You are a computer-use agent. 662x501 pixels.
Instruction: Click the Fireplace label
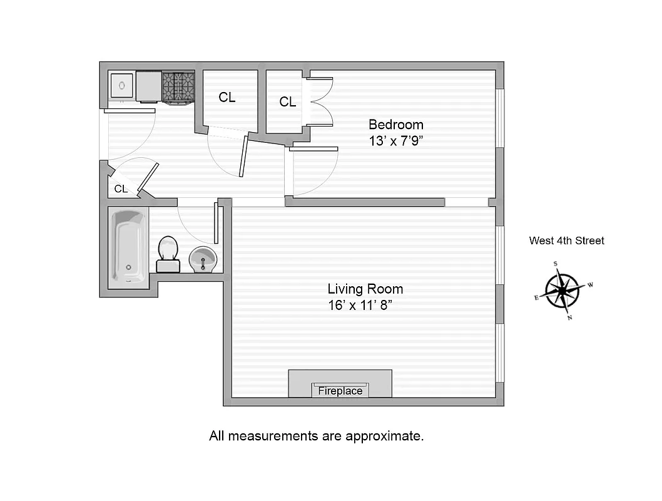point(340,391)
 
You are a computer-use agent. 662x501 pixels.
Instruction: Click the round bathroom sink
point(203,260)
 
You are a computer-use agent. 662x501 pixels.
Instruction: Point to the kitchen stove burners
point(178,86)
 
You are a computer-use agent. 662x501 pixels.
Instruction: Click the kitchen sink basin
point(122,85)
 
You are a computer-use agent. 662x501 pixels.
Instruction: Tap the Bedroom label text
point(395,124)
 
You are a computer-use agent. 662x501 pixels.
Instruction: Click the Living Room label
point(365,289)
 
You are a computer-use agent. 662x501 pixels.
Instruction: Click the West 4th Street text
point(567,240)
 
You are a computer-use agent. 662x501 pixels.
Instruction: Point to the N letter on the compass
point(569,318)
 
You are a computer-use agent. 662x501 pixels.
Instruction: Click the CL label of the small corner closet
point(121,189)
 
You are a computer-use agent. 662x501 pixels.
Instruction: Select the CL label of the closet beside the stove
point(227,97)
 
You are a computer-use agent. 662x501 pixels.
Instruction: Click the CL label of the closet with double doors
point(288,101)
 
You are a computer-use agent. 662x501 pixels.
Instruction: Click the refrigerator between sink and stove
point(149,86)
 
